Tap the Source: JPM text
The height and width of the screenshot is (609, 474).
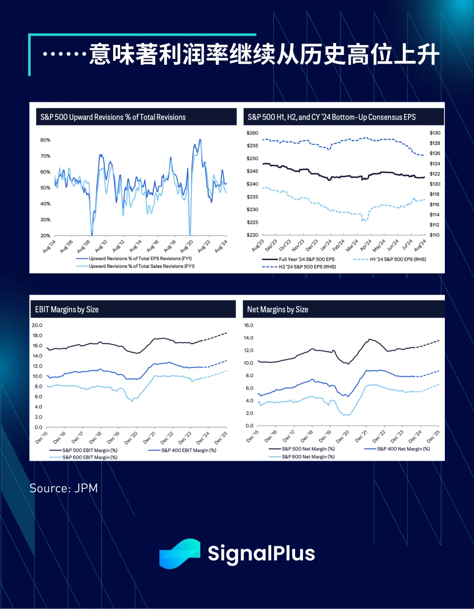(x=64, y=488)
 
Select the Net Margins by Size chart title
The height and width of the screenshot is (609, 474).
(x=278, y=309)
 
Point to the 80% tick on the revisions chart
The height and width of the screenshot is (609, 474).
(x=45, y=140)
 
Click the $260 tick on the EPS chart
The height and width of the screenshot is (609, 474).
(x=253, y=133)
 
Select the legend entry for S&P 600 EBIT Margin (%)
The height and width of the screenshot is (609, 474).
(x=90, y=457)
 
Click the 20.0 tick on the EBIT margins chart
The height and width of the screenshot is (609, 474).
(x=38, y=325)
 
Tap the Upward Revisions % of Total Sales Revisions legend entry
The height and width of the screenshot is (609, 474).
(x=141, y=266)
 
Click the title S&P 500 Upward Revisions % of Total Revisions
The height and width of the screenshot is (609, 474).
(x=113, y=117)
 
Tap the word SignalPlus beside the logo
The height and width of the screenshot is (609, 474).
(x=261, y=553)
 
